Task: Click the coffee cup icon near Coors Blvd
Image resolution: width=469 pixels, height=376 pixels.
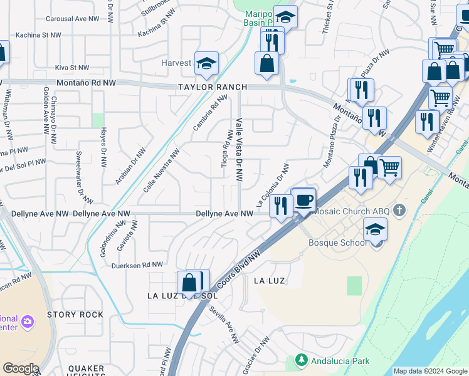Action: (303, 201)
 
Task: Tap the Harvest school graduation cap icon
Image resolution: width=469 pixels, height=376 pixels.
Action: (206, 63)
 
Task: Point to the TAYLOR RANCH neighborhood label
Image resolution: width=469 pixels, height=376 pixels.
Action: (212, 87)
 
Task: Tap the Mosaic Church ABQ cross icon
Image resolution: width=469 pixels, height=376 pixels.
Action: (401, 211)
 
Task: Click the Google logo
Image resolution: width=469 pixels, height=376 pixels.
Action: (20, 368)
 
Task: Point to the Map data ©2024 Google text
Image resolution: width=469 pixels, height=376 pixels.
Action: (430, 371)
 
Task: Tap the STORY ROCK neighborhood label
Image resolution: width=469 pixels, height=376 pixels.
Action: (74, 315)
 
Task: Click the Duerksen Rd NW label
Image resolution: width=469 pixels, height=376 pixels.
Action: (137, 264)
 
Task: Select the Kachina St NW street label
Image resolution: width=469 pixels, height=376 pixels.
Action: (38, 36)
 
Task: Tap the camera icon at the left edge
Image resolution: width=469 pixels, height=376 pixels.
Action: (27, 321)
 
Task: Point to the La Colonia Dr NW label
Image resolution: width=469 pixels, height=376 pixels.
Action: (273, 186)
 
